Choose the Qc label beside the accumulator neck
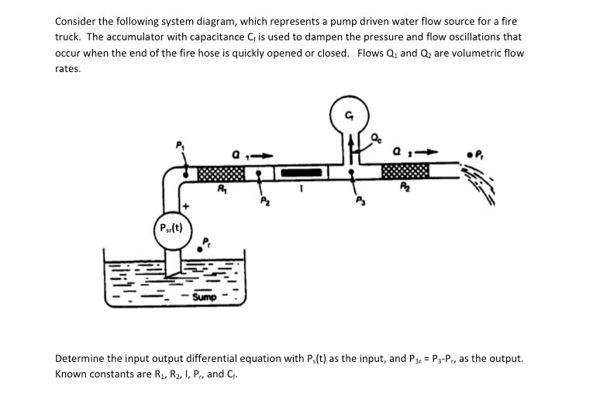(377, 138)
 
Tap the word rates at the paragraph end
(68, 69)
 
